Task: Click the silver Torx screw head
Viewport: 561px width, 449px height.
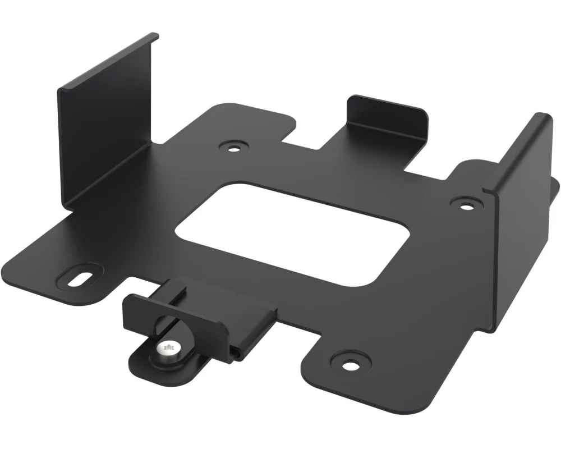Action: [169, 351]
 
